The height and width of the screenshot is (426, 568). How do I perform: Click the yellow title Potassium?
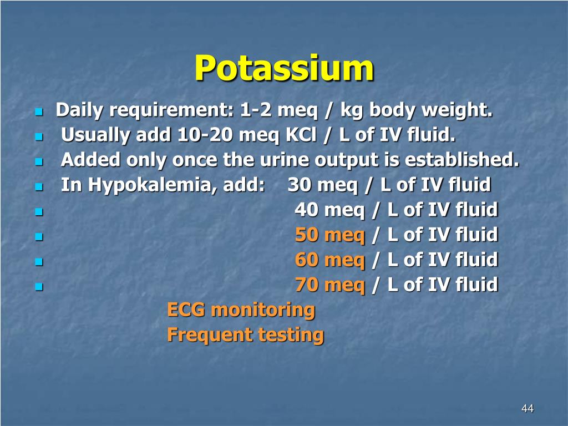click(284, 68)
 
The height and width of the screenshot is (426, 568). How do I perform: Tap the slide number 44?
click(527, 409)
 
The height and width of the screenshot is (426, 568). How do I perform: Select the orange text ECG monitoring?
click(241, 310)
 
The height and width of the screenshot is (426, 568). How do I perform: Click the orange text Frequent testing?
click(245, 334)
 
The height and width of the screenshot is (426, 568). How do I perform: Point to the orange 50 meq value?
click(329, 235)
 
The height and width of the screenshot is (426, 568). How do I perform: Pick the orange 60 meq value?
click(329, 260)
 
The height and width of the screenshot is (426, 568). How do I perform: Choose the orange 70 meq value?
click(329, 285)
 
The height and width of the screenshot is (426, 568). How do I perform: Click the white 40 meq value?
click(329, 210)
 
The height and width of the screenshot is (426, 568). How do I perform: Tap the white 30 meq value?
click(322, 185)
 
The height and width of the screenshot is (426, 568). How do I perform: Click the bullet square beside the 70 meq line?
click(38, 287)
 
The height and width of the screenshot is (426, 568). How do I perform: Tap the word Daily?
click(80, 111)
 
